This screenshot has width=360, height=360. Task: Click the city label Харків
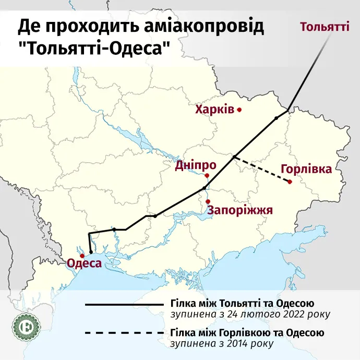tap(214, 110)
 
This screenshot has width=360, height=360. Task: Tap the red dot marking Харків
tap(239, 110)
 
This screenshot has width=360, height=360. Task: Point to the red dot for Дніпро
tap(207, 175)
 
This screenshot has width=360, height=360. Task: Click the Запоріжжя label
tap(241, 210)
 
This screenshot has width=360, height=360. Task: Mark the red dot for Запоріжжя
tap(208, 202)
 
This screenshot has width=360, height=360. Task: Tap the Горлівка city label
tap(306, 170)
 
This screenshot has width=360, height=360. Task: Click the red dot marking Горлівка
tap(290, 182)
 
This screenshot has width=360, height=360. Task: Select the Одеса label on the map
tap(83, 263)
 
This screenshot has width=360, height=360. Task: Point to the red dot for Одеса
tap(81, 256)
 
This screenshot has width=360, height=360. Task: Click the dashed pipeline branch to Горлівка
tap(262, 169)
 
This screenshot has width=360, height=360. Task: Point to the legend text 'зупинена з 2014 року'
tap(221, 343)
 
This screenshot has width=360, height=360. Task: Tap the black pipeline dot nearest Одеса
tap(91, 252)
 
